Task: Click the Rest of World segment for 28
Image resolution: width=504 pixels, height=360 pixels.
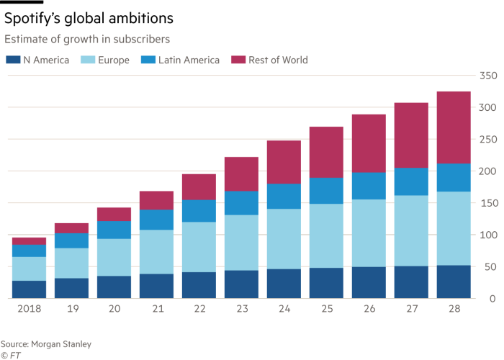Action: (x=454, y=127)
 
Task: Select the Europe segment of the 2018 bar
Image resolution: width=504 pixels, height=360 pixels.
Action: (x=29, y=269)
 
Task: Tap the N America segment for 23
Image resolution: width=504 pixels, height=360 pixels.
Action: (x=241, y=284)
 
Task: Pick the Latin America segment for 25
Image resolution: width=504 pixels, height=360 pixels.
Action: (x=326, y=191)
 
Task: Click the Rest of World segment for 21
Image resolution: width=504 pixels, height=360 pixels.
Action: (x=156, y=200)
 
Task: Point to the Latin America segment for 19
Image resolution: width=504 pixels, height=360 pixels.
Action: (x=71, y=240)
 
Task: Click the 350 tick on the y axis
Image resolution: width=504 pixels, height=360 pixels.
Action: (x=488, y=76)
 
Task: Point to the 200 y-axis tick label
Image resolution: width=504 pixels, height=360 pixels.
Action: (x=488, y=171)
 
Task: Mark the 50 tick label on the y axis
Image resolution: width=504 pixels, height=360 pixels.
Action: (x=490, y=267)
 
